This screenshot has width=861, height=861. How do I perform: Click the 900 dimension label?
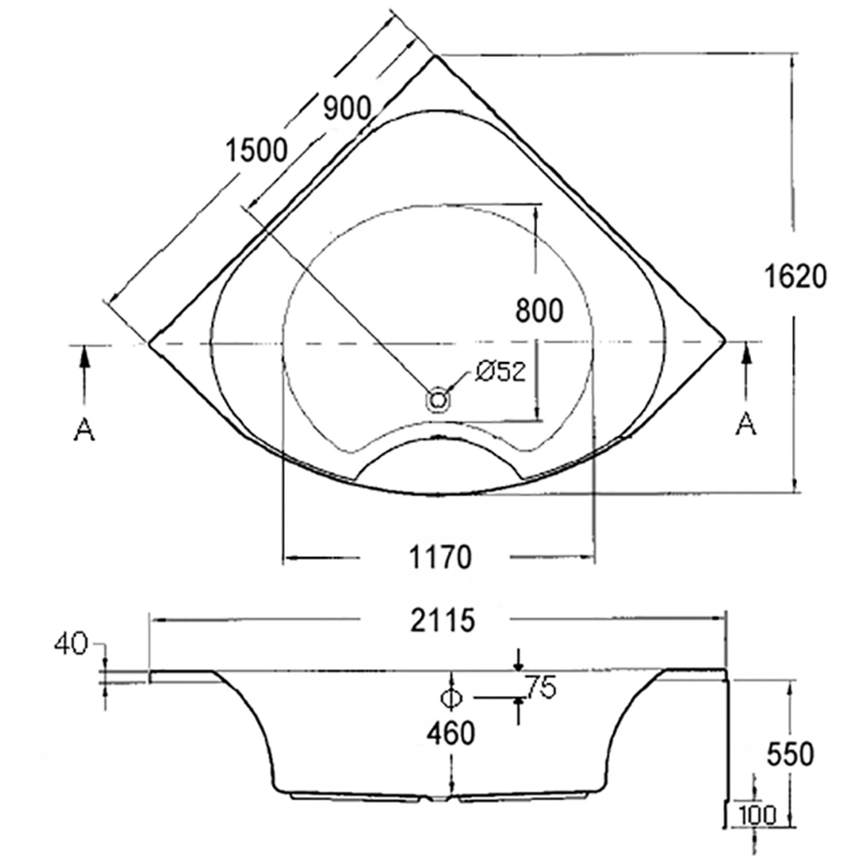[347, 108]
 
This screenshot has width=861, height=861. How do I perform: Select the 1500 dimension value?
[256, 151]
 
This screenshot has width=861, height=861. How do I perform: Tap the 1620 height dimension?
[796, 277]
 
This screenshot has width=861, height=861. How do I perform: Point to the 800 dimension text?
[539, 311]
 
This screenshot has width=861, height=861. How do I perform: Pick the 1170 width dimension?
[440, 557]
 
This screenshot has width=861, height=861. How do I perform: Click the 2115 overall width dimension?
[443, 620]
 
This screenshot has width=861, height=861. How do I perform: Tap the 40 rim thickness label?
[71, 645]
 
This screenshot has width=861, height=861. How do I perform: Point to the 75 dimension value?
[541, 687]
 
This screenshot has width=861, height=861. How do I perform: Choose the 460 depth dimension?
[451, 734]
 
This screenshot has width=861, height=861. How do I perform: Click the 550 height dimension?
[790, 754]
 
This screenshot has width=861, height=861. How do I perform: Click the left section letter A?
[84, 429]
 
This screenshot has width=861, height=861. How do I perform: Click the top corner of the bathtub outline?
[436, 56]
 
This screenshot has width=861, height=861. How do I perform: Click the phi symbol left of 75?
[451, 697]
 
